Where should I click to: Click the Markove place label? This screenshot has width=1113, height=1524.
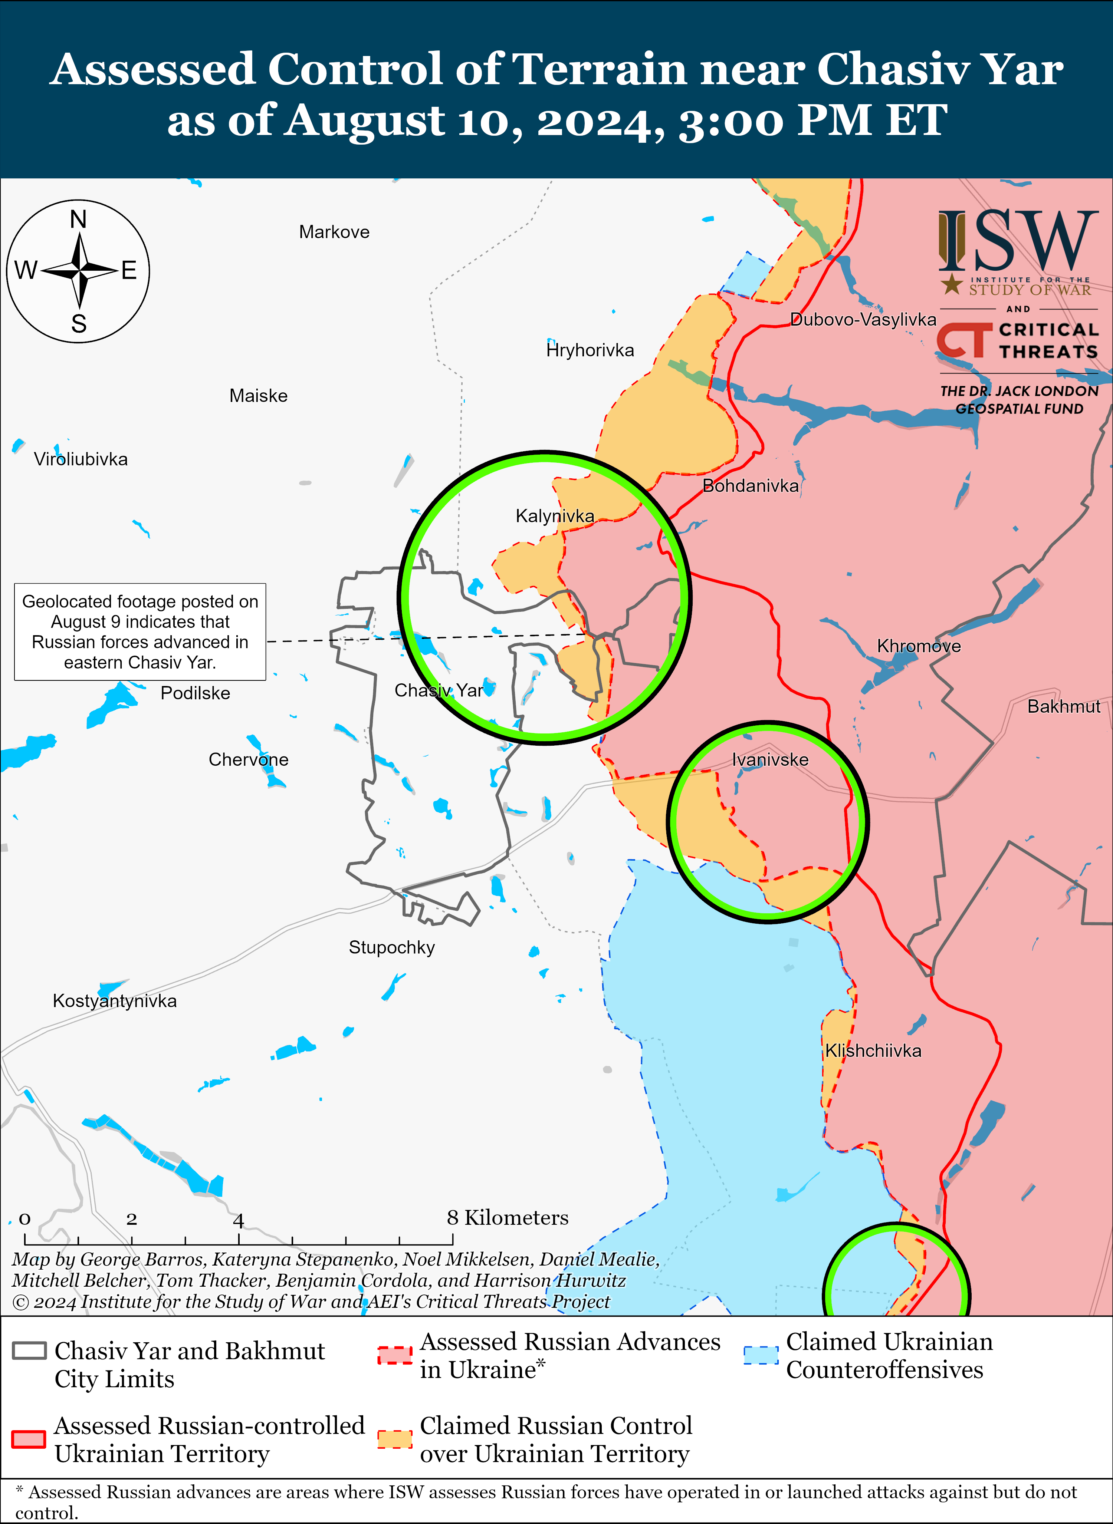coord(334,232)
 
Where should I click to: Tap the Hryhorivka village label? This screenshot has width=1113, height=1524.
coord(590,350)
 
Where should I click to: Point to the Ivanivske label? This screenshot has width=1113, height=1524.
coord(770,760)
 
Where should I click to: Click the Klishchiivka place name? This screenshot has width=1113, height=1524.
coord(873,1050)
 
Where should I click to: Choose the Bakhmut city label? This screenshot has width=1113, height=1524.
coord(1063,706)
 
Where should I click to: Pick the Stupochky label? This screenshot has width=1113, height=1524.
coord(391,947)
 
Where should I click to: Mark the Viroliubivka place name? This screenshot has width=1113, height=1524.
coord(81,459)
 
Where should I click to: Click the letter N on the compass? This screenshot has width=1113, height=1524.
coord(78,220)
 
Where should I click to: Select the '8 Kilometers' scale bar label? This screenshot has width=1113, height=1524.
coord(507,1218)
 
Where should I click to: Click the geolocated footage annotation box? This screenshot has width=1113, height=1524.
coord(140,632)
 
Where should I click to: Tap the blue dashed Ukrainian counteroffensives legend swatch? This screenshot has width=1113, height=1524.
coord(761,1355)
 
